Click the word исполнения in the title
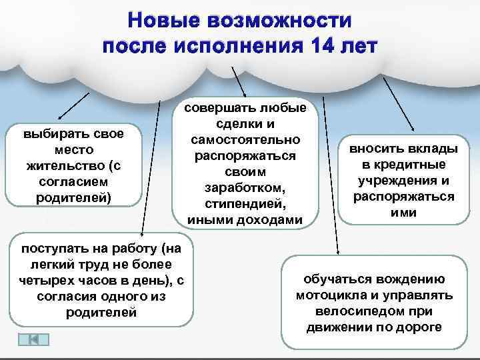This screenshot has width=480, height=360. pos(241,47)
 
